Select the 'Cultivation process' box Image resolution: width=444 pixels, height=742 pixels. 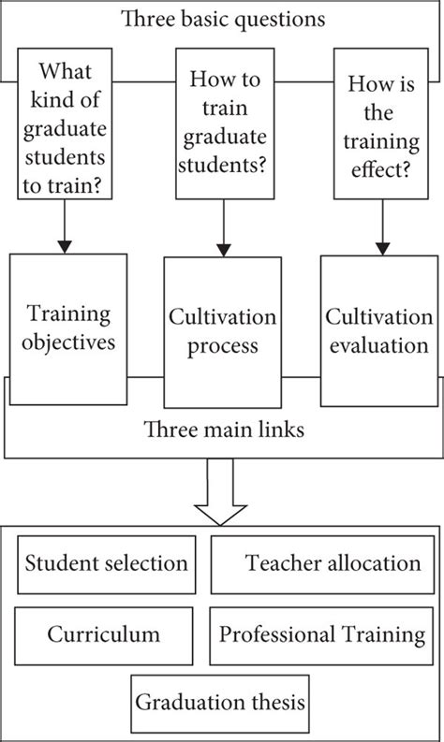coord(221,333)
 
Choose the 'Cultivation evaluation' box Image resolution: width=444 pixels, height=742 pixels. coord(378,328)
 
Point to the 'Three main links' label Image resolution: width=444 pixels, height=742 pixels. coord(221,431)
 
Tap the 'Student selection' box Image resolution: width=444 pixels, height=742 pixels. coord(106,564)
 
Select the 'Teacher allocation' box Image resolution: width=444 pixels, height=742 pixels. coord(320,564)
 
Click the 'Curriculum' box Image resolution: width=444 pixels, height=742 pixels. coord(104,634)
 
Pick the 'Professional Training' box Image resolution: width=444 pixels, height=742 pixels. coord(321,634)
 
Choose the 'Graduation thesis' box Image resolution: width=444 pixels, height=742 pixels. coord(221,703)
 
